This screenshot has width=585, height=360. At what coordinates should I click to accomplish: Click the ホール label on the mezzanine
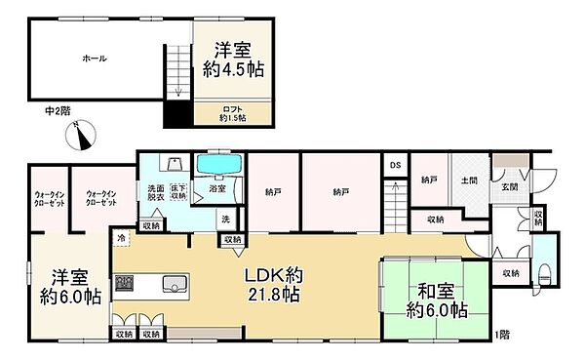[x=95, y=59]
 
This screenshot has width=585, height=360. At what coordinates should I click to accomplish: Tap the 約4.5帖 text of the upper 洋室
[x=232, y=69]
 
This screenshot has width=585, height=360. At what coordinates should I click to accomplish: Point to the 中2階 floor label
[x=59, y=110]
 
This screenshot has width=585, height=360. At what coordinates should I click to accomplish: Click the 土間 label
[x=468, y=180]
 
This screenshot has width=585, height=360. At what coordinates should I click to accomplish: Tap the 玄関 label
[x=511, y=187]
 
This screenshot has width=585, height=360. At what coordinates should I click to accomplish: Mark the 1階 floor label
[x=501, y=337]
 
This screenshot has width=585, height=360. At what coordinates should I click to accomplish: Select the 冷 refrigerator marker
[x=122, y=237]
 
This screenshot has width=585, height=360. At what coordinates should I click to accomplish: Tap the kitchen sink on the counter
[x=175, y=285]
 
